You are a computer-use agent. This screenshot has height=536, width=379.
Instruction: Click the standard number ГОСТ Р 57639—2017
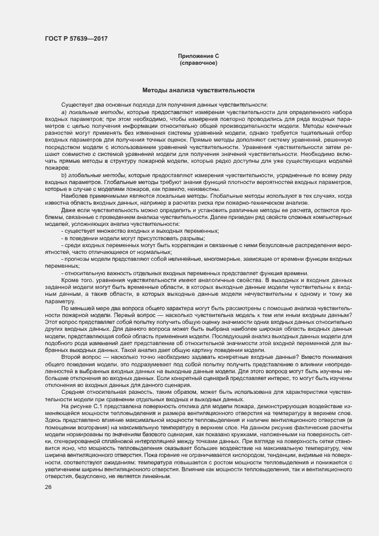76,38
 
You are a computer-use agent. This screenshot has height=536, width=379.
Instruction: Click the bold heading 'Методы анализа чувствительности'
198,90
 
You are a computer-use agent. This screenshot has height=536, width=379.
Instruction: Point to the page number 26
48,487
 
